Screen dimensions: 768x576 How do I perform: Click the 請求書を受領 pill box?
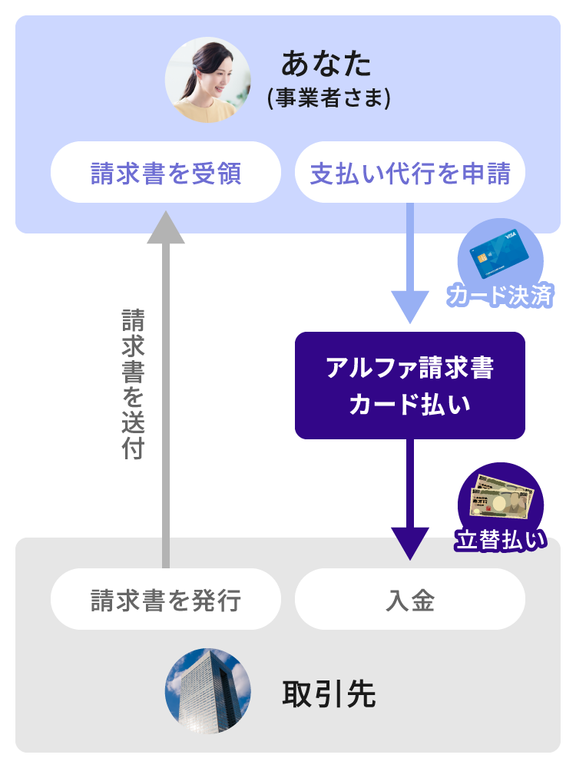coord(166,173)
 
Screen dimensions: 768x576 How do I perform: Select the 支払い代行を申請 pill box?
coord(410,173)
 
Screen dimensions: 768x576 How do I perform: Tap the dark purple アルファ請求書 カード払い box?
coord(410,386)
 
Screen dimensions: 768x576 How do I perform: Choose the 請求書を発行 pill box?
coord(166,599)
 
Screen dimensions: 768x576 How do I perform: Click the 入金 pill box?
coord(410,599)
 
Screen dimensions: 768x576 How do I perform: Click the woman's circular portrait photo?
coord(208,81)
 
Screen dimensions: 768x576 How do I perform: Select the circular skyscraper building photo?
coord(208,691)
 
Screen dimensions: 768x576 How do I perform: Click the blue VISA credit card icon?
coord(500,256)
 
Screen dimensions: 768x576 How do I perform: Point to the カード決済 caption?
coord(501,295)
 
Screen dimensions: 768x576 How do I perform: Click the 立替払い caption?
coord(501,540)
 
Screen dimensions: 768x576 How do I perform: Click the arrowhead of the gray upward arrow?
coord(165,227)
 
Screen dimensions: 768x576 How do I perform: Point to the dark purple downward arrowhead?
coord(410,542)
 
